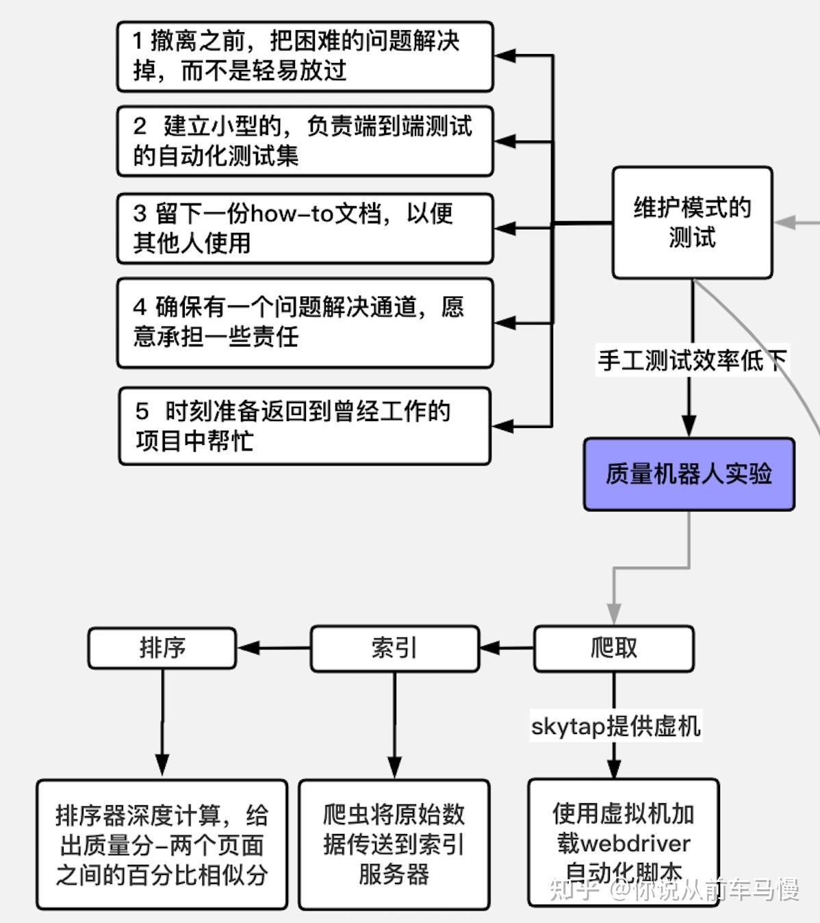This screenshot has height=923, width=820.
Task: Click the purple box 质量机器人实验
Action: point(689,474)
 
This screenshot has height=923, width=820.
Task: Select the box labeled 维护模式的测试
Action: point(692,223)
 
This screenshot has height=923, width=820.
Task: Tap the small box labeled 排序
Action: point(162,648)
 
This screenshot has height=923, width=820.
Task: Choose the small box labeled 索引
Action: point(394,648)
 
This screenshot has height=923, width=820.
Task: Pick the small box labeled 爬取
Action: point(613,648)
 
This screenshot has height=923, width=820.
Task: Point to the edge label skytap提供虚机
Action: point(615,726)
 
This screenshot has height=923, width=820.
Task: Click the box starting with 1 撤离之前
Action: point(305,56)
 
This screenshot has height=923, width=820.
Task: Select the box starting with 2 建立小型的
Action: point(305,141)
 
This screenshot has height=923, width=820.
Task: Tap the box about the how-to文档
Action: point(305,228)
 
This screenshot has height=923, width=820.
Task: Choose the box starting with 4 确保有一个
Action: point(305,323)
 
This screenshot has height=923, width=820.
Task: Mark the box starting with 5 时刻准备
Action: point(305,426)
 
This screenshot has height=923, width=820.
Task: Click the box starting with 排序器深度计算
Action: point(162,844)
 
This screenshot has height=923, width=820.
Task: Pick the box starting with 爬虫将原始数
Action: point(394,844)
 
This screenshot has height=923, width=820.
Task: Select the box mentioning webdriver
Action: point(623,842)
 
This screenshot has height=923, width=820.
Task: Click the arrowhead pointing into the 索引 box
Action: point(489,648)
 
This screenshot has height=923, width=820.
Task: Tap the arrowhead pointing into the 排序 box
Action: point(246,648)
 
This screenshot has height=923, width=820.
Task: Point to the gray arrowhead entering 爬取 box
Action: point(614,613)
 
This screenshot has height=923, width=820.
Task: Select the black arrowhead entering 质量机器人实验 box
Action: point(689,426)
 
